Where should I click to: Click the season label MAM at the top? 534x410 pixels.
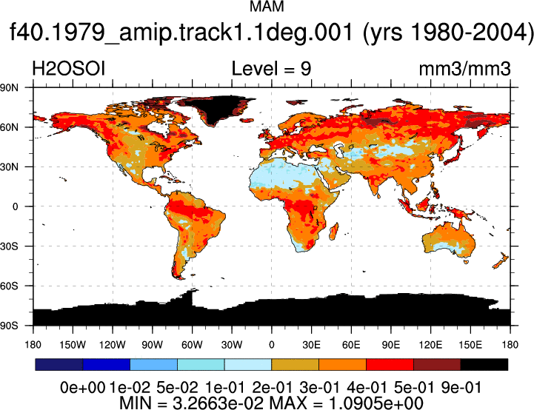pyautogui.click(x=267, y=7)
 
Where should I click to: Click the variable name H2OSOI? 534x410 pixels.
pyautogui.click(x=68, y=68)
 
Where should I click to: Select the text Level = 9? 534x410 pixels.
pyautogui.click(x=271, y=68)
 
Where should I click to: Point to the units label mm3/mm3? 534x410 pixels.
pyautogui.click(x=464, y=69)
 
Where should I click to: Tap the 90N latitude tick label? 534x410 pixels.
pyautogui.click(x=9, y=88)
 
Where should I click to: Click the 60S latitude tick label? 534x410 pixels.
pyautogui.click(x=9, y=286)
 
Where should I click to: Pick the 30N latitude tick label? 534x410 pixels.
pyautogui.click(x=9, y=167)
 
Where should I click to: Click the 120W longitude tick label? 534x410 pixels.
pyautogui.click(x=113, y=345)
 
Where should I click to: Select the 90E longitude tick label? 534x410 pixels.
pyautogui.click(x=390, y=345)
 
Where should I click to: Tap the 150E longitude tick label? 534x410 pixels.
pyautogui.click(x=470, y=345)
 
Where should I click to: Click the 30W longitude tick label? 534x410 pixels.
pyautogui.click(x=232, y=345)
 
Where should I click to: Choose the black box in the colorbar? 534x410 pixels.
pyautogui.click(x=484, y=364)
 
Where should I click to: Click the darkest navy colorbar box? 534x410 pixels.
pyautogui.click(x=59, y=364)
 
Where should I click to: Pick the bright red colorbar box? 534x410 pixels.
pyautogui.click(x=390, y=364)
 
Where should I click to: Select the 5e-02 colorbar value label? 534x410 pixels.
pyautogui.click(x=177, y=387)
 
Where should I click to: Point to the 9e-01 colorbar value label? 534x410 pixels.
pyautogui.click(x=461, y=387)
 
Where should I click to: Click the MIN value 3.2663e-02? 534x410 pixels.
pyautogui.click(x=218, y=403)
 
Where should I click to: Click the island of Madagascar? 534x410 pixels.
pyautogui.click(x=334, y=232)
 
